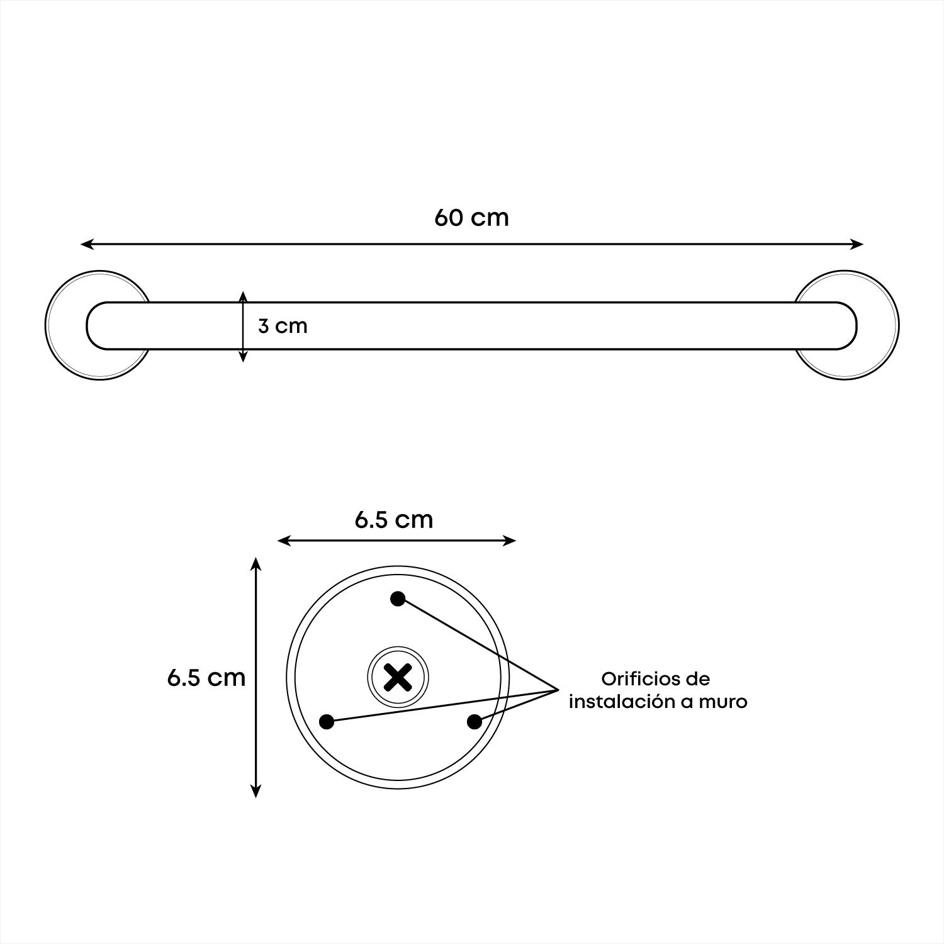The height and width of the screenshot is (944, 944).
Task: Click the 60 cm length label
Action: coord(471,218)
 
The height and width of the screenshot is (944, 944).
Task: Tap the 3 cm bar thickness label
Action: coord(283,326)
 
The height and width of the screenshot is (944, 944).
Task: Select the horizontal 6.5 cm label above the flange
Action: coord(394,520)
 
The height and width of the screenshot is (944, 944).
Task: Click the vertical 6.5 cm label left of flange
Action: coord(206,677)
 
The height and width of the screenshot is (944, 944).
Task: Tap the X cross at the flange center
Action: coord(398,677)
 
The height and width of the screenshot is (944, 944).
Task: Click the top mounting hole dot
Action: coord(398,598)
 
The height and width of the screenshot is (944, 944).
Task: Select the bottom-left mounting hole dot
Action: coord(327,722)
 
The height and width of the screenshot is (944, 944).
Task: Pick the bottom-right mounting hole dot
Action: coord(475,722)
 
